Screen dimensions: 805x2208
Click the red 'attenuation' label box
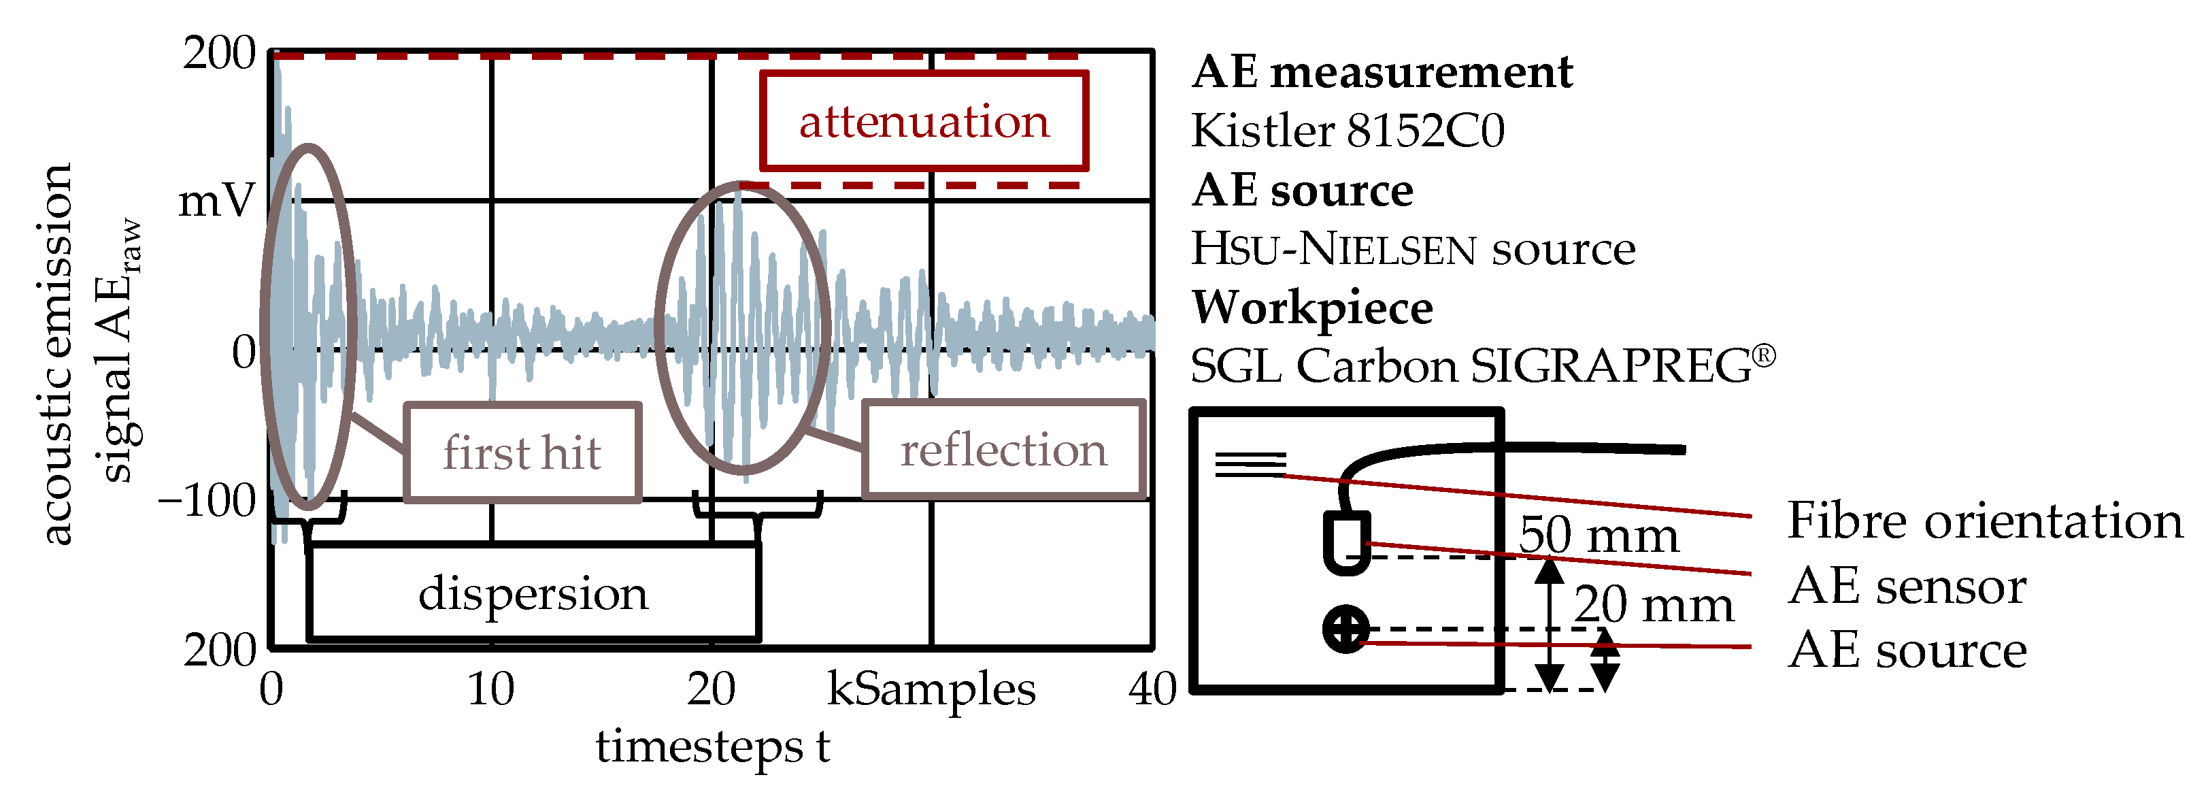923,121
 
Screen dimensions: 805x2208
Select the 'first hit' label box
522,452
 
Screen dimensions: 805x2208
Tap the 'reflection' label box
1003,449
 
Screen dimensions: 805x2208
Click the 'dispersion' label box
533,593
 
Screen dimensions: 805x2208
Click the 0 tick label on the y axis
244,352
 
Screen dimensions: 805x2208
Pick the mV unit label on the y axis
216,201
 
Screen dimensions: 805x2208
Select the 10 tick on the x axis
490,689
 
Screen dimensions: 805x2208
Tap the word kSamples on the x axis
931,689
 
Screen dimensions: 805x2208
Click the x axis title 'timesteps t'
712,745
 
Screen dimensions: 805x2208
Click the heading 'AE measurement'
1382,71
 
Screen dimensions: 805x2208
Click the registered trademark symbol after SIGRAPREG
1763,355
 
